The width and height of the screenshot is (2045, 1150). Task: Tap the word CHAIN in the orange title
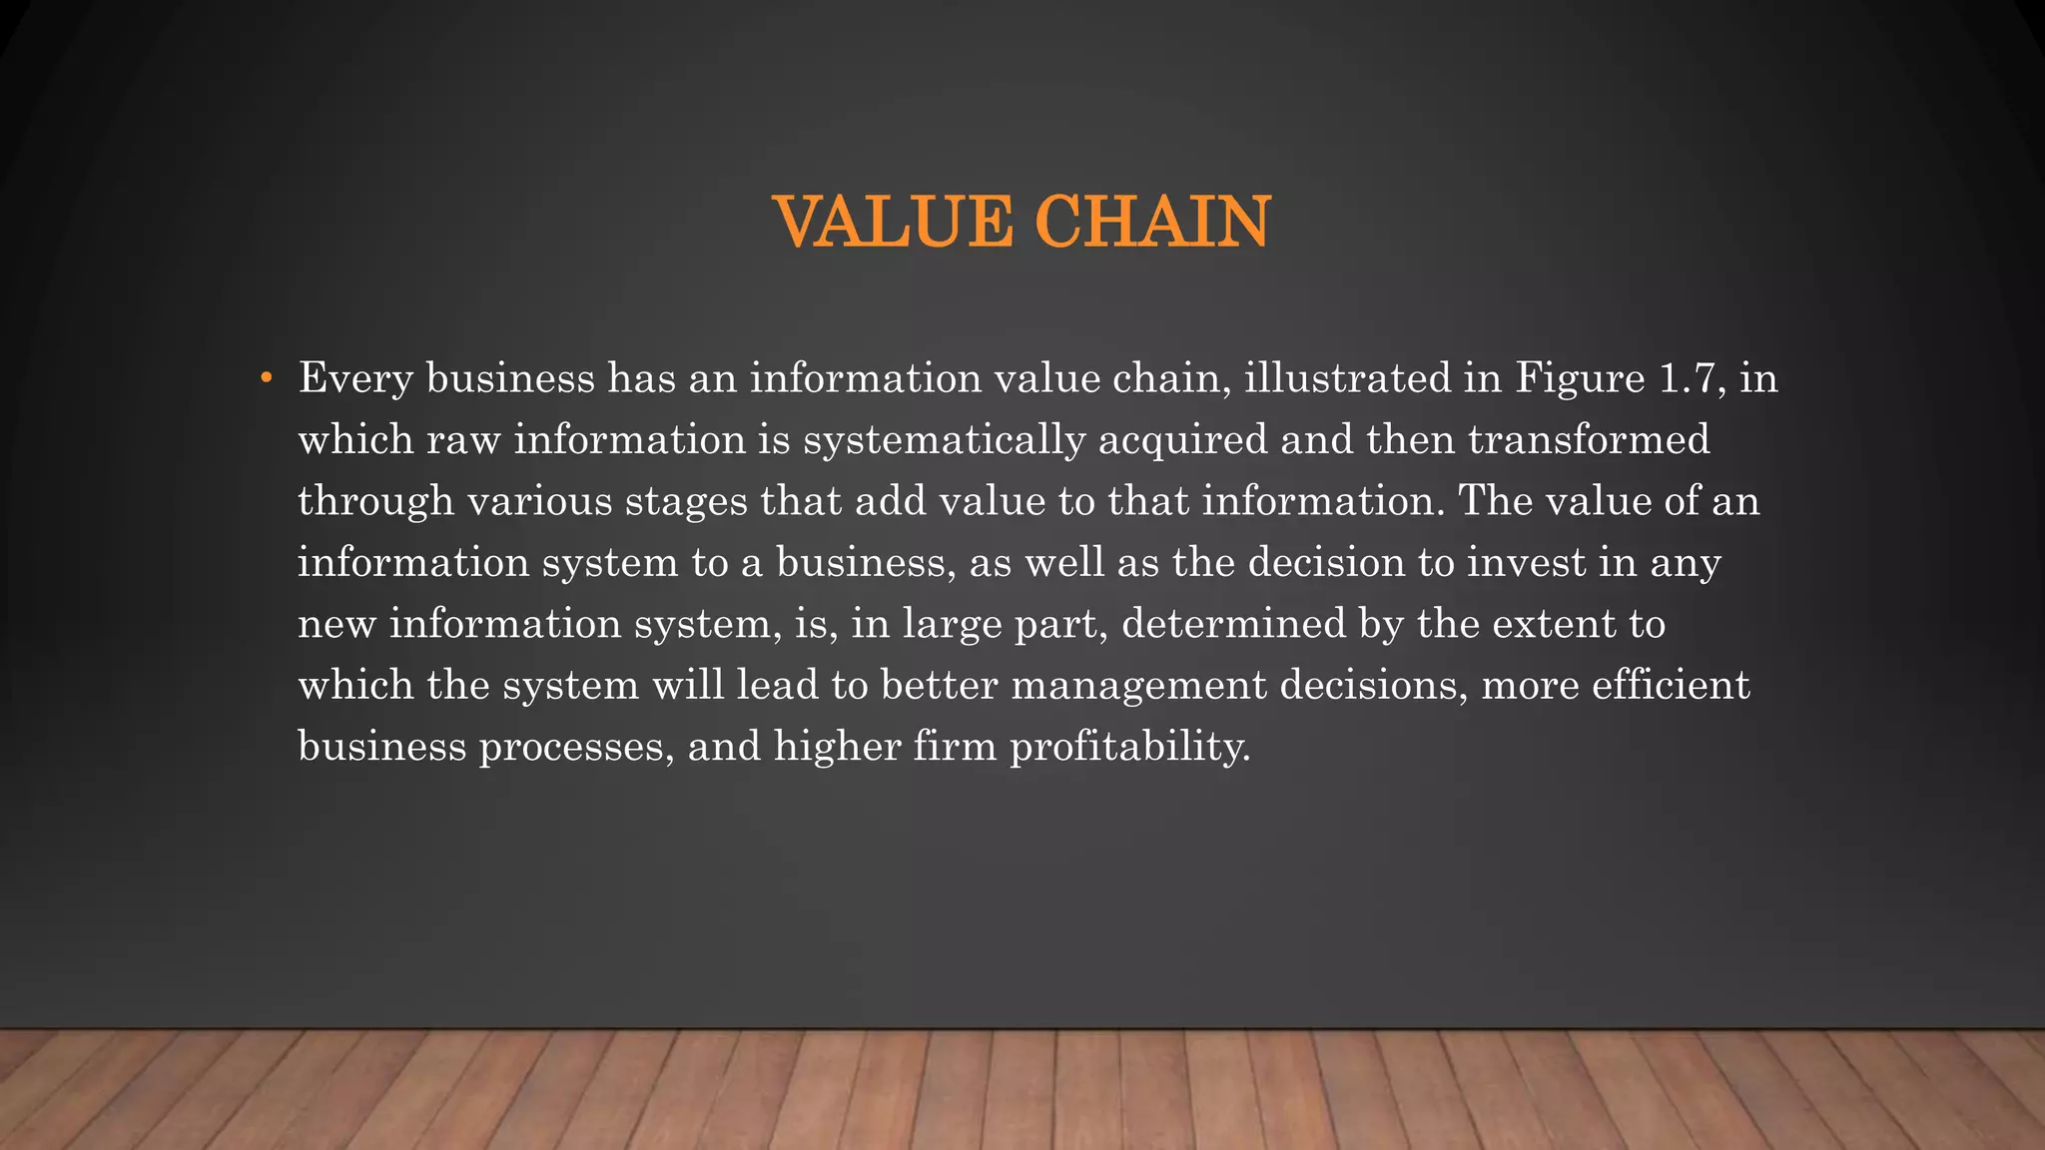coord(1152,222)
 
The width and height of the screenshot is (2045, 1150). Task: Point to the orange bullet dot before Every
coord(266,378)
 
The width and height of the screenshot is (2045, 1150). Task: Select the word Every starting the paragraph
coord(355,379)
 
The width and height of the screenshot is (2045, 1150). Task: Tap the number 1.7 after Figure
coord(1693,378)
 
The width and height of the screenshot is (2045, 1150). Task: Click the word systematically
coord(944,440)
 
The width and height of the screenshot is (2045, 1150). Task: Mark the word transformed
coord(1589,440)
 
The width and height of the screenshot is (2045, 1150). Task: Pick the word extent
coord(1554,624)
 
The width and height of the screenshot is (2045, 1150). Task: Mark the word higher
coord(838,747)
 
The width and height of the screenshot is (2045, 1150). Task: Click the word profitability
coord(1130,748)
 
